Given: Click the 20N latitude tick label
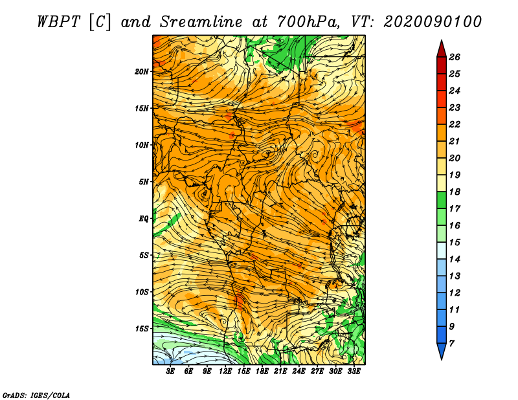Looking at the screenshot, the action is pos(141,72).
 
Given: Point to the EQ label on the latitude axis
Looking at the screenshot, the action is pos(143,219).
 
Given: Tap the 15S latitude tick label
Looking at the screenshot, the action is pos(142,329).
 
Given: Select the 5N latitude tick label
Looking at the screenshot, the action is pos(144,182).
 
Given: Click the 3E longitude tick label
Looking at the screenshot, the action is pos(170,372).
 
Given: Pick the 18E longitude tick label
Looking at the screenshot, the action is pos(262,372).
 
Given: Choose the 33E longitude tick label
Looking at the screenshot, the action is pos(354,372).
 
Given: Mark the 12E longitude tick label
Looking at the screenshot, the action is pos(225,372).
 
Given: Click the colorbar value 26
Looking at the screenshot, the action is pos(455,57).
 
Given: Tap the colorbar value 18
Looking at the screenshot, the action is pos(455,192).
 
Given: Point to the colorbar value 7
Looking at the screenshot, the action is pos(451,344).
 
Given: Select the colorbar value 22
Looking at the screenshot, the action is pos(455,124).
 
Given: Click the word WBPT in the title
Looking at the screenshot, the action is pos(58,22).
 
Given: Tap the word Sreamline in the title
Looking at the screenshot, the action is pos(201,22).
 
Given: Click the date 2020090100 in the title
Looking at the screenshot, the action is pos(433,22).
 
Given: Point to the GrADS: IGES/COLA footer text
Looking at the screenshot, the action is pos(36,395).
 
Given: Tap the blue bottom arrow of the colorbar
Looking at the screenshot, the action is pos(442,351).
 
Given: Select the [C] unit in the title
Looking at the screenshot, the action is pos(100,23).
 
